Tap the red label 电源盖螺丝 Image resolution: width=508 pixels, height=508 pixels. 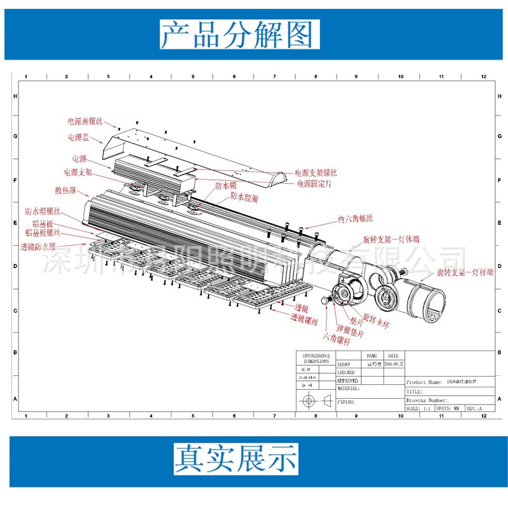point(85,120)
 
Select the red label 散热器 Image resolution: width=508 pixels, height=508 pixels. point(65,190)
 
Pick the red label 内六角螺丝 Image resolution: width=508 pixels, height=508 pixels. point(359,220)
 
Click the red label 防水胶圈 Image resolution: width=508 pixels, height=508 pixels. point(244,199)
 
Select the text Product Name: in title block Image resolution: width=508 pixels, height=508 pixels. point(424,382)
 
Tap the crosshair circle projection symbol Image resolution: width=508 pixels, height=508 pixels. point(309,401)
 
